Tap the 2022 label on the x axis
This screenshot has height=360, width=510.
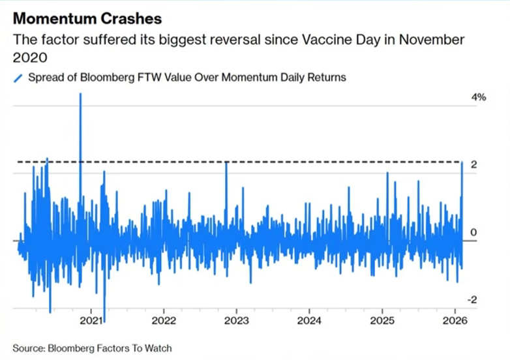tap(164, 321)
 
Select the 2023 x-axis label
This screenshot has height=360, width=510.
tap(236, 321)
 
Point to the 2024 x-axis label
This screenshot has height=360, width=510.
tap(309, 321)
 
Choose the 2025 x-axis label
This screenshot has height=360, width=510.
tap(382, 321)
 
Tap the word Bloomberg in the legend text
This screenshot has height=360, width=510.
tap(99, 78)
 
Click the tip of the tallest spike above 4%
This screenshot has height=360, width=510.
tap(80, 94)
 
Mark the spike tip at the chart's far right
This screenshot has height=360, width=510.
tap(462, 162)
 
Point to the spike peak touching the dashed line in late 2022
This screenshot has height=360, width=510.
tap(226, 162)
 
